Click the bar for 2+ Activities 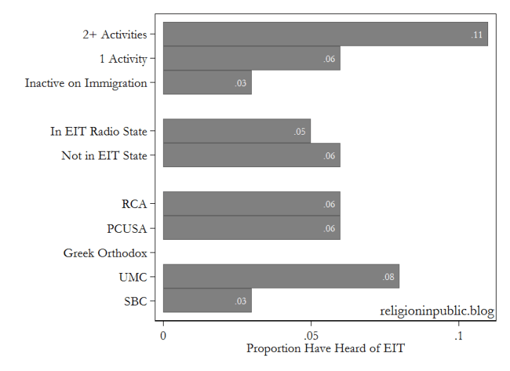(x=324, y=34)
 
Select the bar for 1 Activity (x=251, y=59)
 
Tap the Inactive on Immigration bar (x=207, y=83)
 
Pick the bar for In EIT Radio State (x=236, y=131)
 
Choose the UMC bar (x=281, y=276)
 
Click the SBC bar (x=207, y=301)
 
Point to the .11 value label (x=477, y=35)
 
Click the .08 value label (x=389, y=277)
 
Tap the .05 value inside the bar (x=300, y=132)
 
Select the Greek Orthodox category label (x=105, y=253)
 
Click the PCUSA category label (x=127, y=229)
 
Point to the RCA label (x=134, y=204)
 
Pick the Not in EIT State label (x=104, y=155)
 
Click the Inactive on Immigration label (x=86, y=83)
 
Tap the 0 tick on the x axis (x=163, y=336)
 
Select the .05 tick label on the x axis (x=310, y=336)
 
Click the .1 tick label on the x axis (x=459, y=336)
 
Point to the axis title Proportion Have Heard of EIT (x=325, y=348)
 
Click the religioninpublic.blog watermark (x=437, y=311)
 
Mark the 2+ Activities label (x=114, y=34)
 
